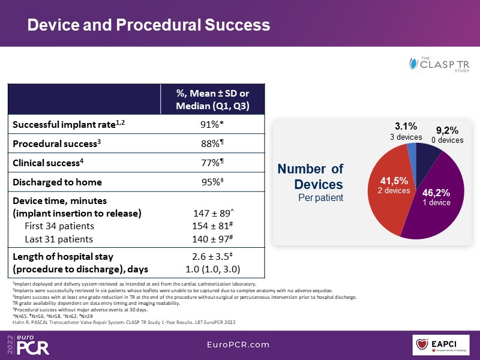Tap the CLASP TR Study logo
tap(439, 64)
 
